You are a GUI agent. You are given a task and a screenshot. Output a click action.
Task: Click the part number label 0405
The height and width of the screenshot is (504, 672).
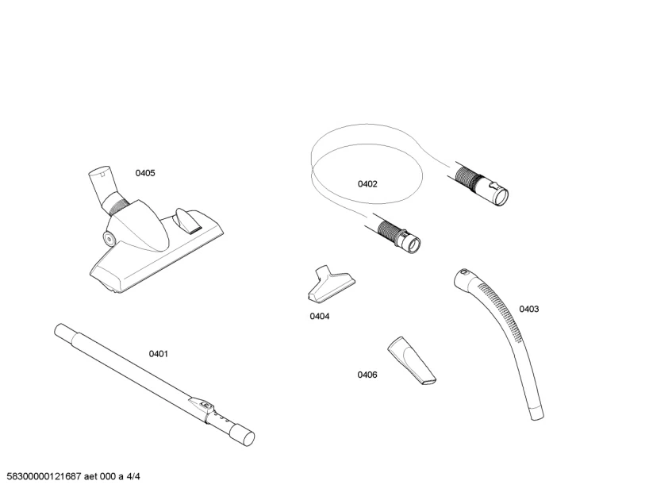pos(145,173)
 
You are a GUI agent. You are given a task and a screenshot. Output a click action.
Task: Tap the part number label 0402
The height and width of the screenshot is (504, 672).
pos(367,184)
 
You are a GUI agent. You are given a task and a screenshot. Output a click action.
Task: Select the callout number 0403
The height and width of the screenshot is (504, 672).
pos(529,309)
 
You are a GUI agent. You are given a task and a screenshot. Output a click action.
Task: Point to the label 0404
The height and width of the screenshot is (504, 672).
pos(320,316)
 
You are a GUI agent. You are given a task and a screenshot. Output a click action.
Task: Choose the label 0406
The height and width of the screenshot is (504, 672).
pos(367,375)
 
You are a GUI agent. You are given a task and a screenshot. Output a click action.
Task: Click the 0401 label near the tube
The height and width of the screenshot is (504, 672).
pos(159,354)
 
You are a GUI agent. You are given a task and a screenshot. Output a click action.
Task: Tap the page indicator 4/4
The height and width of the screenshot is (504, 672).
pos(133,476)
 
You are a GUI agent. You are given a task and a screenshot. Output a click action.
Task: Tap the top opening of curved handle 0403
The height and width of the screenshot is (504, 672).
pos(462,276)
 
